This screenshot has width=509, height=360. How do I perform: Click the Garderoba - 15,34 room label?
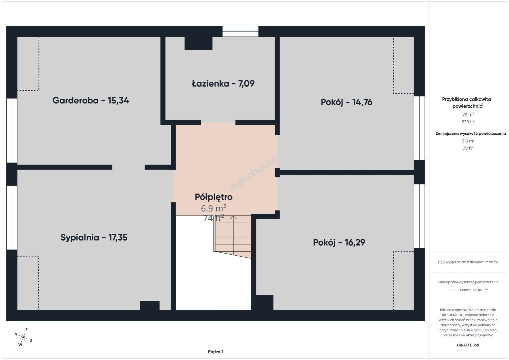coord(91,100)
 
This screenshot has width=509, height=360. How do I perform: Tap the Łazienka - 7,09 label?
coord(223,84)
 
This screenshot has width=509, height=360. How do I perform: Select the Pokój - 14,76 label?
coord(347,102)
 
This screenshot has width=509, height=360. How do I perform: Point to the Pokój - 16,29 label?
coord(339,242)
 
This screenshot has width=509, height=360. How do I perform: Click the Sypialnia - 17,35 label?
coord(94,237)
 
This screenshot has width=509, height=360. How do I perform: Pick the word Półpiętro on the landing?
coord(213,197)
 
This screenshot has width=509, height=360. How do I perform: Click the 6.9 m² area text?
coord(213,208)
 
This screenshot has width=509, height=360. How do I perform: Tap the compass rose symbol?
coord(23,337)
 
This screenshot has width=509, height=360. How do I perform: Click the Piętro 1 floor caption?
coord(216,352)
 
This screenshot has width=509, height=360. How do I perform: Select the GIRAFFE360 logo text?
coord(468,345)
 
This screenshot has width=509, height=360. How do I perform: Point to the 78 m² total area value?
coord(468,114)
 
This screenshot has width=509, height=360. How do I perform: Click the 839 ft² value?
coord(468,122)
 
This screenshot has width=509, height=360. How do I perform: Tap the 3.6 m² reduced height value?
coord(468,141)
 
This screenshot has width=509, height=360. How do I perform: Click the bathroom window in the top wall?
coord(240,31)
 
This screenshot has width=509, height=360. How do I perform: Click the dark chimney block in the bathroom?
coord(198,43)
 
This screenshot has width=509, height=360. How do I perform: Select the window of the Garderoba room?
coord(12,130)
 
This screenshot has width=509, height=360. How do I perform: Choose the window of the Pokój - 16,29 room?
coord(419,216)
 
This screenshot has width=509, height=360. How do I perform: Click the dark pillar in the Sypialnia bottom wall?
coord(149,306)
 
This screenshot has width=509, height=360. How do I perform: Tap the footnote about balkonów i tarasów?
coord(468,262)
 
